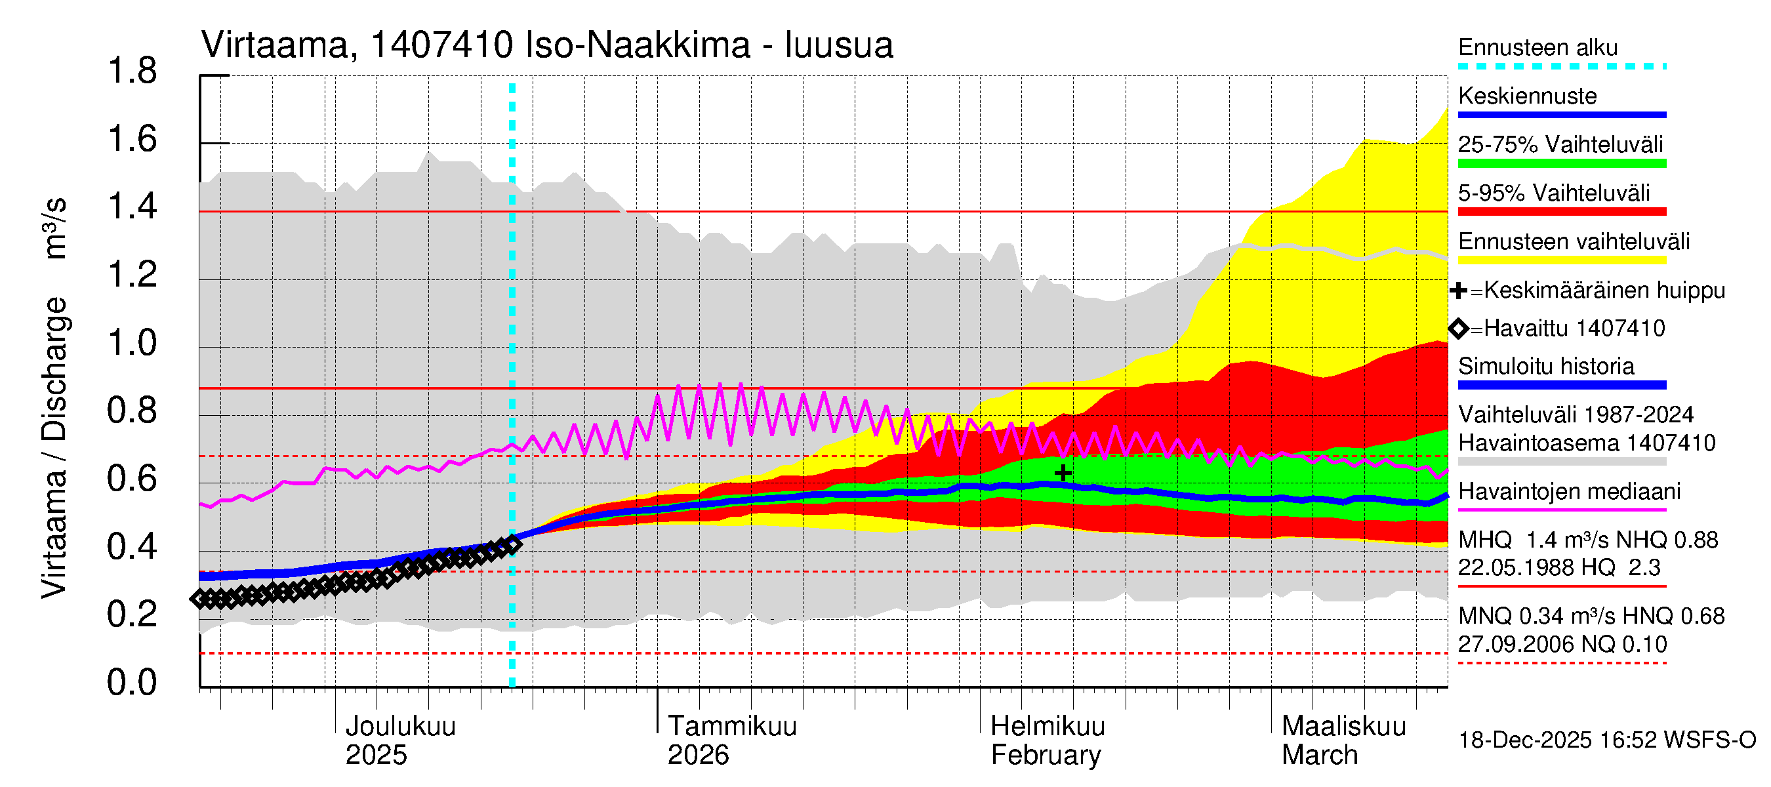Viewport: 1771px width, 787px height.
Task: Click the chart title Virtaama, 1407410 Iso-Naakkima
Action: point(546,45)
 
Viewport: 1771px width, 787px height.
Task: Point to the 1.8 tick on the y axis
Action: point(132,71)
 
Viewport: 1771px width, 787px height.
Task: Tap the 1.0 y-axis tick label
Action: point(132,342)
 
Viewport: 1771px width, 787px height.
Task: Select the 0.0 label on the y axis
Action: point(132,682)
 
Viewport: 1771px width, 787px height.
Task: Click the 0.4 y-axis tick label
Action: point(132,546)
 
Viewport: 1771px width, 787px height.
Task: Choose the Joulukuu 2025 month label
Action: point(399,740)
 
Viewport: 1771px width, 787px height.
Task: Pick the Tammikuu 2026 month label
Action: point(731,740)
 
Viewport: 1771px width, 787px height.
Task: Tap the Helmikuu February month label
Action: point(1047,740)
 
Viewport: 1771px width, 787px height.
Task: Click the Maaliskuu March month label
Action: point(1343,740)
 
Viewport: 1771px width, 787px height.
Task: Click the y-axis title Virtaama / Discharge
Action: point(54,447)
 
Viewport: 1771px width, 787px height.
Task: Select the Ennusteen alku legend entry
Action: point(1537,47)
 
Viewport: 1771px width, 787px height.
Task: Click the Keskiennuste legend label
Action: point(1527,96)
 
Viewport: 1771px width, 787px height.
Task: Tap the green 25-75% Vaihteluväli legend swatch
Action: point(1561,163)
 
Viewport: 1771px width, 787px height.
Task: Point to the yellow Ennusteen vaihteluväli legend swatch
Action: point(1561,260)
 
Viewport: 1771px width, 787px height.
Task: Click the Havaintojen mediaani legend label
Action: point(1569,491)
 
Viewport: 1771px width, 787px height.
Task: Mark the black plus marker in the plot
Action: point(1063,473)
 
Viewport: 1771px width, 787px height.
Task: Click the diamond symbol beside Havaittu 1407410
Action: point(1459,329)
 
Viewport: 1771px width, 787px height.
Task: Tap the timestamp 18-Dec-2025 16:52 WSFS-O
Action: point(1606,740)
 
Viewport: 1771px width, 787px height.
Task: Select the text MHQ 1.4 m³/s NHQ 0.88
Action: point(1587,540)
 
